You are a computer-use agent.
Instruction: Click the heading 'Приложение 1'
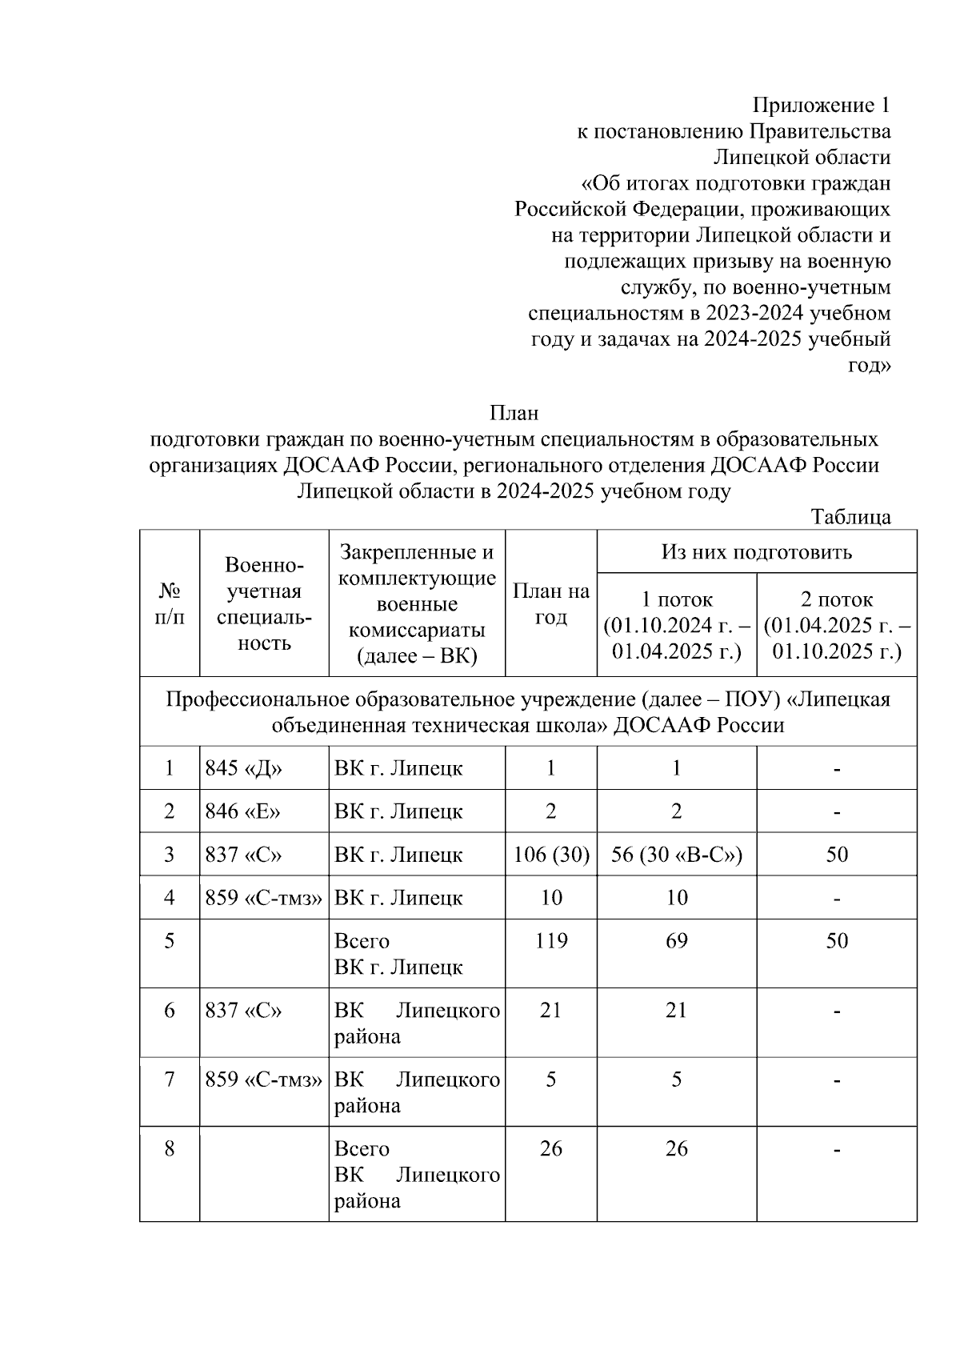pos(822,106)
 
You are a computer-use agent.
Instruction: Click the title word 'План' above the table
pos(514,413)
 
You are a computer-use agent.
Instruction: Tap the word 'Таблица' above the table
pos(850,517)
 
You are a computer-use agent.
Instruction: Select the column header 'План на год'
pos(550,604)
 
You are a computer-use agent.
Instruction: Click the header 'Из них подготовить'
pos(756,551)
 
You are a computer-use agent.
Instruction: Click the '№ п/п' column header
pos(170,604)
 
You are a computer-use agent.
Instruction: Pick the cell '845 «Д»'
pos(244,768)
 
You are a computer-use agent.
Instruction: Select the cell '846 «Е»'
pos(243,811)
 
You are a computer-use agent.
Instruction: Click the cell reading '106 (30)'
pos(550,855)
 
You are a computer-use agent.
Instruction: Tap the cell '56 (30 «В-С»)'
pos(677,855)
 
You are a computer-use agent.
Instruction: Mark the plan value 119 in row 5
pos(550,940)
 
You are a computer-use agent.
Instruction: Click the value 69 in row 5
pos(677,940)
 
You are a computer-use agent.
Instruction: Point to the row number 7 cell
pos(170,1080)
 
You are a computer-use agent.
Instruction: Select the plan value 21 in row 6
pos(550,1010)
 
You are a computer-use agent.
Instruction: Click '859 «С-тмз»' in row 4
pos(264,898)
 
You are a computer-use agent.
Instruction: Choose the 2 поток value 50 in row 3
pos(837,855)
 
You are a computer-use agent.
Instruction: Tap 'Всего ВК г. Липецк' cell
pos(398,954)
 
